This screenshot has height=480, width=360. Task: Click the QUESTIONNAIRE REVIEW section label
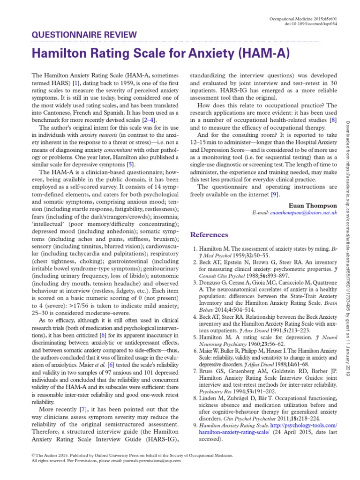[x=84, y=34]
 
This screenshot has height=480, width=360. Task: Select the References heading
[x=209, y=234]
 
